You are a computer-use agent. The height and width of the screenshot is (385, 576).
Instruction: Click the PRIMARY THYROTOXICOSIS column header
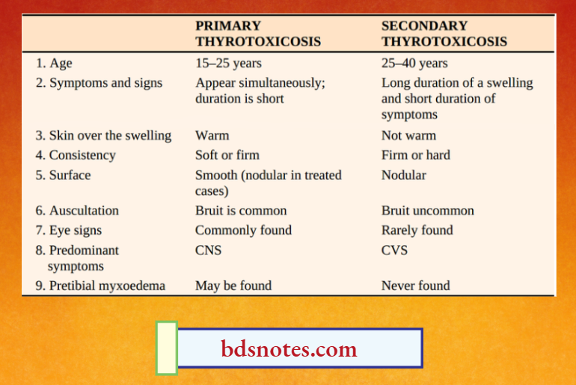pyautogui.click(x=258, y=34)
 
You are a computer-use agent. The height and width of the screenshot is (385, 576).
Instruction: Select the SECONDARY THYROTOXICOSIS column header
pyautogui.click(x=444, y=34)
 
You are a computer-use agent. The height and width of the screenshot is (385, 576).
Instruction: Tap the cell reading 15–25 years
pyautogui.click(x=228, y=64)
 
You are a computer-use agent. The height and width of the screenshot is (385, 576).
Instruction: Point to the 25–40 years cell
pyautogui.click(x=414, y=64)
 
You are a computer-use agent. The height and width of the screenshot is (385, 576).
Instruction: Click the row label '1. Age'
pyautogui.click(x=54, y=64)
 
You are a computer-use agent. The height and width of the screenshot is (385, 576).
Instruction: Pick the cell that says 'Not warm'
pyautogui.click(x=408, y=135)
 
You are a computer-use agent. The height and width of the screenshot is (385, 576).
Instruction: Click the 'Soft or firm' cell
pyautogui.click(x=227, y=155)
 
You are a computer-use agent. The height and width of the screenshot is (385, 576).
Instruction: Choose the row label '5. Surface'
pyautogui.click(x=63, y=175)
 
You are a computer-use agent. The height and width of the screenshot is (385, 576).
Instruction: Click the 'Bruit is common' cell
pyautogui.click(x=241, y=211)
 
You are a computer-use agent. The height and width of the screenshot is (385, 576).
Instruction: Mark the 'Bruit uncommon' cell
pyautogui.click(x=428, y=211)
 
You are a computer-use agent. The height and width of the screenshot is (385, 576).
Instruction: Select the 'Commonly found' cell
pyautogui.click(x=243, y=230)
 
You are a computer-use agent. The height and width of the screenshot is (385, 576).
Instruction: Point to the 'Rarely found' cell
pyautogui.click(x=417, y=230)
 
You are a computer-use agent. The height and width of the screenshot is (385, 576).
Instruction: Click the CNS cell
pyautogui.click(x=209, y=250)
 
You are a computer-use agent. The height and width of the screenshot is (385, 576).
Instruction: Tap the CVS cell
pyautogui.click(x=395, y=250)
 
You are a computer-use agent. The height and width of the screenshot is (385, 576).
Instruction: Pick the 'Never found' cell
pyautogui.click(x=416, y=286)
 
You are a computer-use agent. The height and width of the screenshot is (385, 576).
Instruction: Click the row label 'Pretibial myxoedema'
pyautogui.click(x=100, y=286)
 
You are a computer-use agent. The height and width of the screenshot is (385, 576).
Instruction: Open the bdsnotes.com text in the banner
pyautogui.click(x=289, y=349)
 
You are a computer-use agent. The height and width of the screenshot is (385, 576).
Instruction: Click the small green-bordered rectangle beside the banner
pyautogui.click(x=166, y=348)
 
